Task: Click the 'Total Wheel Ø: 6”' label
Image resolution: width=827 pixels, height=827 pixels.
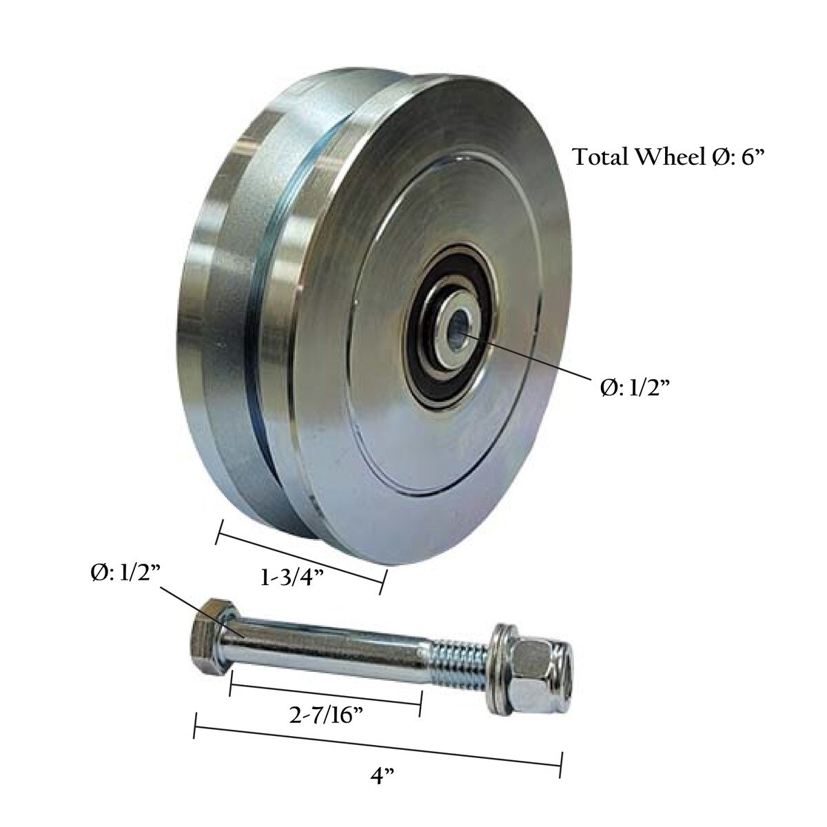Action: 669,156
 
